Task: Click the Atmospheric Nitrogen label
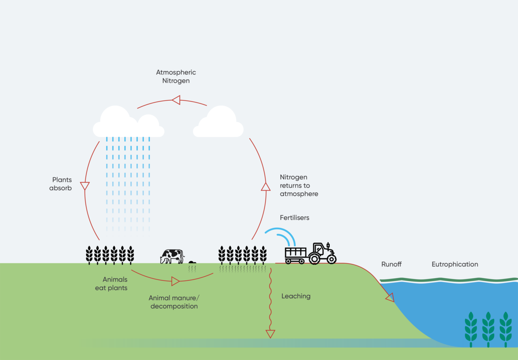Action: point(176,76)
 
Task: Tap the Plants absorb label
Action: point(61,184)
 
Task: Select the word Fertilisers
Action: point(294,218)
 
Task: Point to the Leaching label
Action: point(296,296)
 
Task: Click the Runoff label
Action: point(391,264)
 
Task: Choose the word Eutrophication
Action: point(454,264)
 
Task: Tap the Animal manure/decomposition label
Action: point(174,302)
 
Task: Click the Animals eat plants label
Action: point(112,284)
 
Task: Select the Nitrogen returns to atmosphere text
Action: point(299,185)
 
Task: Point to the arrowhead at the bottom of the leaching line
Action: point(270,334)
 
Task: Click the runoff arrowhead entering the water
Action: point(390,298)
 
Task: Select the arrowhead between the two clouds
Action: point(176,100)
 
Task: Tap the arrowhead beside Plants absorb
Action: point(85,186)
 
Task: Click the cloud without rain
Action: point(219,123)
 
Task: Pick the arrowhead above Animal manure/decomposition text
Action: point(175,281)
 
